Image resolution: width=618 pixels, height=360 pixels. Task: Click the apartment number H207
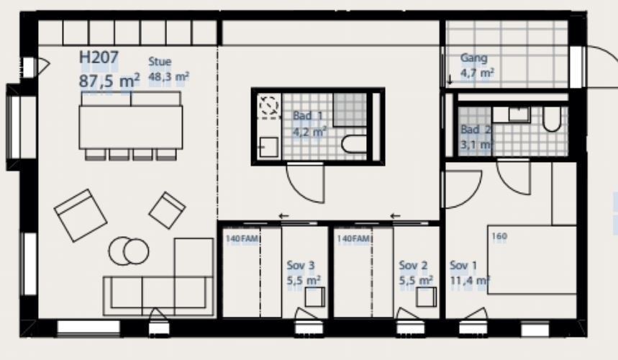click(x=99, y=58)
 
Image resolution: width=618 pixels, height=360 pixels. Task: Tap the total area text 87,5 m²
click(x=109, y=81)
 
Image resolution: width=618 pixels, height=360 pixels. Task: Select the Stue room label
click(x=160, y=61)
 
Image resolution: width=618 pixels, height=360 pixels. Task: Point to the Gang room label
click(x=473, y=58)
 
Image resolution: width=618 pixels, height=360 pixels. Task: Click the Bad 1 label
click(x=307, y=116)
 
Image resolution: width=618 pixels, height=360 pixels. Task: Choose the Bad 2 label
click(x=476, y=130)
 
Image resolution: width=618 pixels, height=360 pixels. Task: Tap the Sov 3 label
click(x=300, y=266)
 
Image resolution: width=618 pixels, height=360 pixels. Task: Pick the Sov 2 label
click(x=413, y=266)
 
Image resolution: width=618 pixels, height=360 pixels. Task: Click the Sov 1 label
click(x=463, y=266)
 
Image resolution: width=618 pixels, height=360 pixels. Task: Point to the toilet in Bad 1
click(x=354, y=144)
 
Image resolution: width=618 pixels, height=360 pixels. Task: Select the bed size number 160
click(x=499, y=236)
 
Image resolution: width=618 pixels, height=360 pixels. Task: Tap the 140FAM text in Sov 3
click(x=242, y=238)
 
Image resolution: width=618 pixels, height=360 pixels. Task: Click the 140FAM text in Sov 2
click(x=353, y=238)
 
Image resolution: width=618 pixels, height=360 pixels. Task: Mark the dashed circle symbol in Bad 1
click(x=269, y=105)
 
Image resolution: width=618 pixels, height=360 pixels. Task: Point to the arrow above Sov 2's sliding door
click(x=395, y=216)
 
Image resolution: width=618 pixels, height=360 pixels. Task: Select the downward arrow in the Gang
click(x=450, y=79)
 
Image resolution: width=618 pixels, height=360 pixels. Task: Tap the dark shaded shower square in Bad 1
click(x=350, y=109)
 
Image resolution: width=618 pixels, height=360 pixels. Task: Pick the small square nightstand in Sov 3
click(x=315, y=297)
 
